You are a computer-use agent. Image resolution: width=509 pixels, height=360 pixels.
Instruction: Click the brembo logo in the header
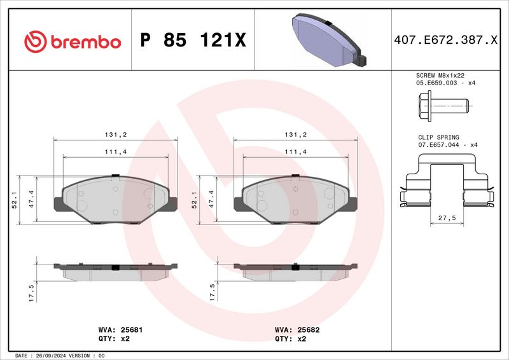pyautogui.click(x=72, y=41)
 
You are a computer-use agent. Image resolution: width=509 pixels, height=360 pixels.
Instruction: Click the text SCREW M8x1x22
pyautogui.click(x=440, y=75)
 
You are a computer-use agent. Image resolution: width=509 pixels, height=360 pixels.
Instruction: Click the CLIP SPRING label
pyautogui.click(x=438, y=137)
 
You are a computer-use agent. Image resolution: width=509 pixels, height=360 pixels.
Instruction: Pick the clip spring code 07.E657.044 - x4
pyautogui.click(x=447, y=145)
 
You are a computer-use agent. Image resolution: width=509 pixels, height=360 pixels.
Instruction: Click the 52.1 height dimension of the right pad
pyautogui.click(x=194, y=200)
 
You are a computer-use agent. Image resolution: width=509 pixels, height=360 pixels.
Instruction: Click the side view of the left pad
pyautogui.click(x=113, y=269)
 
